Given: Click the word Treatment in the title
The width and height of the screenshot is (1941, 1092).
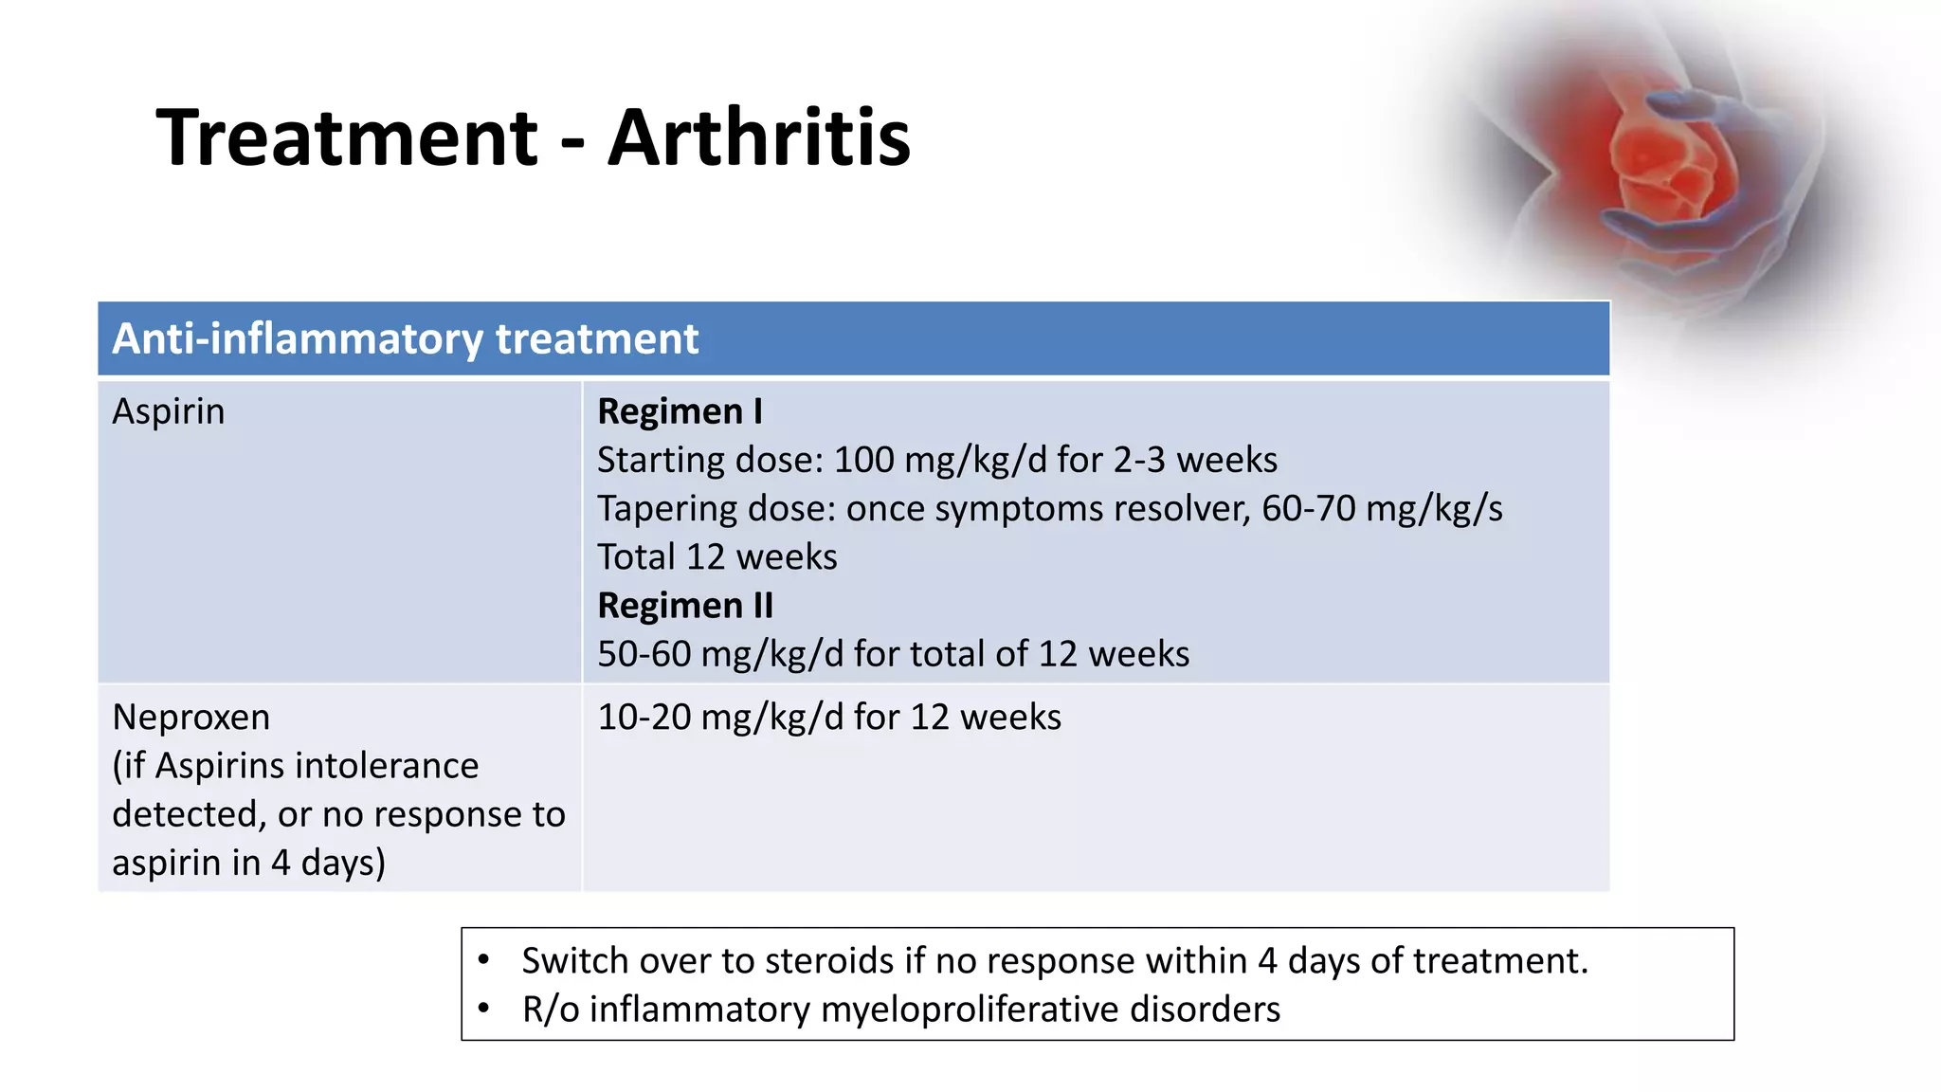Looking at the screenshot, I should click(x=347, y=138).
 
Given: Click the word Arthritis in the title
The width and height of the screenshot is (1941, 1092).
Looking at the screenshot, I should click(x=758, y=138).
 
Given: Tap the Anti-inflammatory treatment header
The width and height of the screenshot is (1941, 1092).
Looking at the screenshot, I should click(x=405, y=339).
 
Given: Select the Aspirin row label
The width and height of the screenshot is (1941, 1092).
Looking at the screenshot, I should click(x=169, y=411).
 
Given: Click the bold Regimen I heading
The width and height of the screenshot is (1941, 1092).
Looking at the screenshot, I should click(x=680, y=411).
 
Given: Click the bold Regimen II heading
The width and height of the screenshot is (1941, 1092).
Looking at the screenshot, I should click(x=685, y=606).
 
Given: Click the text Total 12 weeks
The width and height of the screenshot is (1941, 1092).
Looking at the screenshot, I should click(x=717, y=557).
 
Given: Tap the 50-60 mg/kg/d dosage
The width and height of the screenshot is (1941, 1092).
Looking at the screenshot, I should click(x=720, y=654).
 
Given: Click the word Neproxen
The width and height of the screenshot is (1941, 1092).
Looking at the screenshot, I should click(x=190, y=718).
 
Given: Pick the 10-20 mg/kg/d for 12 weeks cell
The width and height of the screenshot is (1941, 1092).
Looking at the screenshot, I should click(x=828, y=718).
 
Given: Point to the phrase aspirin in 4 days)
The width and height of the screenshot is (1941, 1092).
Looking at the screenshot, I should click(x=248, y=863).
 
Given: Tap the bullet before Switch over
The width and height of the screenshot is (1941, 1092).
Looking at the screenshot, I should click(x=483, y=960).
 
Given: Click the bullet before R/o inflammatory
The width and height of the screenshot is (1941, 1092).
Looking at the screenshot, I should click(x=483, y=1009).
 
